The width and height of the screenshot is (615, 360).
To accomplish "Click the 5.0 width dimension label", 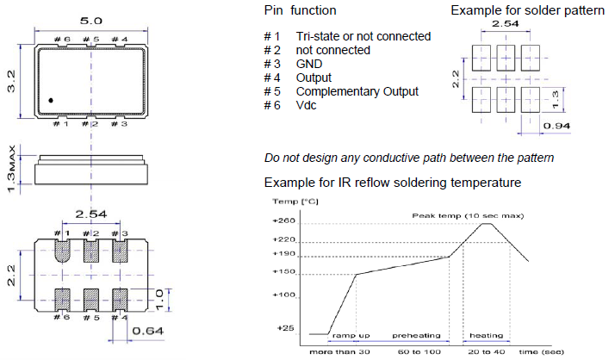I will (90, 17).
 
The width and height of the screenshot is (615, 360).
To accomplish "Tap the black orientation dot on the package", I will (52, 102).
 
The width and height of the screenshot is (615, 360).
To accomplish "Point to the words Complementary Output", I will (357, 91).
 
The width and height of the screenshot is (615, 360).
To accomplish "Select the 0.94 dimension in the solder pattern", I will (556, 126).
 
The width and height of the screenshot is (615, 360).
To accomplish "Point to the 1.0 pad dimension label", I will (159, 300).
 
